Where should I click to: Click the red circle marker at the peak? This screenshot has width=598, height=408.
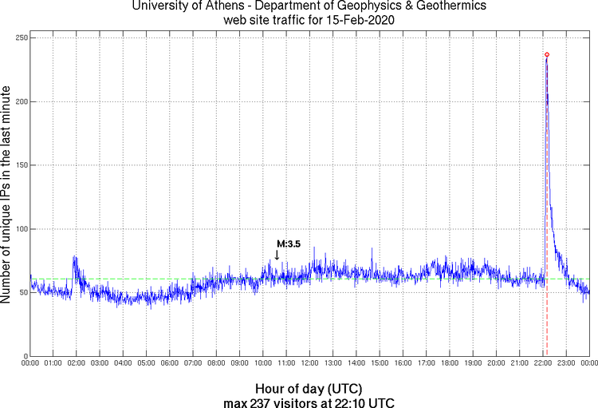coord(547,54)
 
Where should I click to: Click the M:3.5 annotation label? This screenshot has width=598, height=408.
coord(288,244)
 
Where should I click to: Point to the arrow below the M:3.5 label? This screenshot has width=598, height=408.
coord(277,255)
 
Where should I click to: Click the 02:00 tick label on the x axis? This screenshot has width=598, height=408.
coord(77,364)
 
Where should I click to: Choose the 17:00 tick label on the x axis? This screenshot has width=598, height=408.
coord(426,364)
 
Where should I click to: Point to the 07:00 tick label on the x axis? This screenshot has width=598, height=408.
coord(193,364)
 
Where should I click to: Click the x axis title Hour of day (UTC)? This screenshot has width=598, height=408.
coord(309,387)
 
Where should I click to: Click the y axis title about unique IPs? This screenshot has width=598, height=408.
coord(7,196)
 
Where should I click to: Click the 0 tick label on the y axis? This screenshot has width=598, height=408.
coord(23,356)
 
